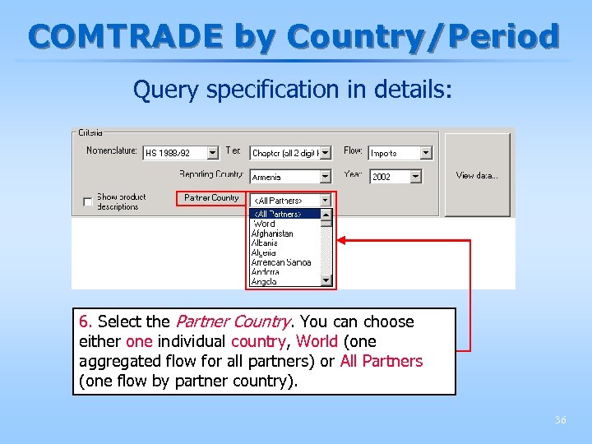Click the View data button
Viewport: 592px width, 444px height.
(477, 175)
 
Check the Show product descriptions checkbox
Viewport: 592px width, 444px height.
(88, 202)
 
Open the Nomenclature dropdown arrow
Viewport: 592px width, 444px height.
(213, 153)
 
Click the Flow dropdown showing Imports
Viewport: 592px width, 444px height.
(400, 153)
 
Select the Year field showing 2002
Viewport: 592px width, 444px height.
(395, 177)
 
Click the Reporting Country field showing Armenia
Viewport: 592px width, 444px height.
(289, 177)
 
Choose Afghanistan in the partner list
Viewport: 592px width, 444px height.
(272, 234)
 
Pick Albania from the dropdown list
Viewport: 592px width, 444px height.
(265, 243)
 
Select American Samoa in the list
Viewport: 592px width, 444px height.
(281, 262)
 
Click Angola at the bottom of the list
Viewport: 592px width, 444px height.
(264, 281)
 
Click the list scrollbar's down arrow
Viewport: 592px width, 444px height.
(326, 280)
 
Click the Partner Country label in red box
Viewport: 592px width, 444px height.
(211, 198)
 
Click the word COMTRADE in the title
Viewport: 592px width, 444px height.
(127, 36)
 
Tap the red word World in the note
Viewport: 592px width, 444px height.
(317, 341)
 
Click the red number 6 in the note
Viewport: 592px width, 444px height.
(84, 321)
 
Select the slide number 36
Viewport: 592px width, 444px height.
(560, 420)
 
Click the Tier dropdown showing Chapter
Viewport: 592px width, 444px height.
(289, 153)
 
